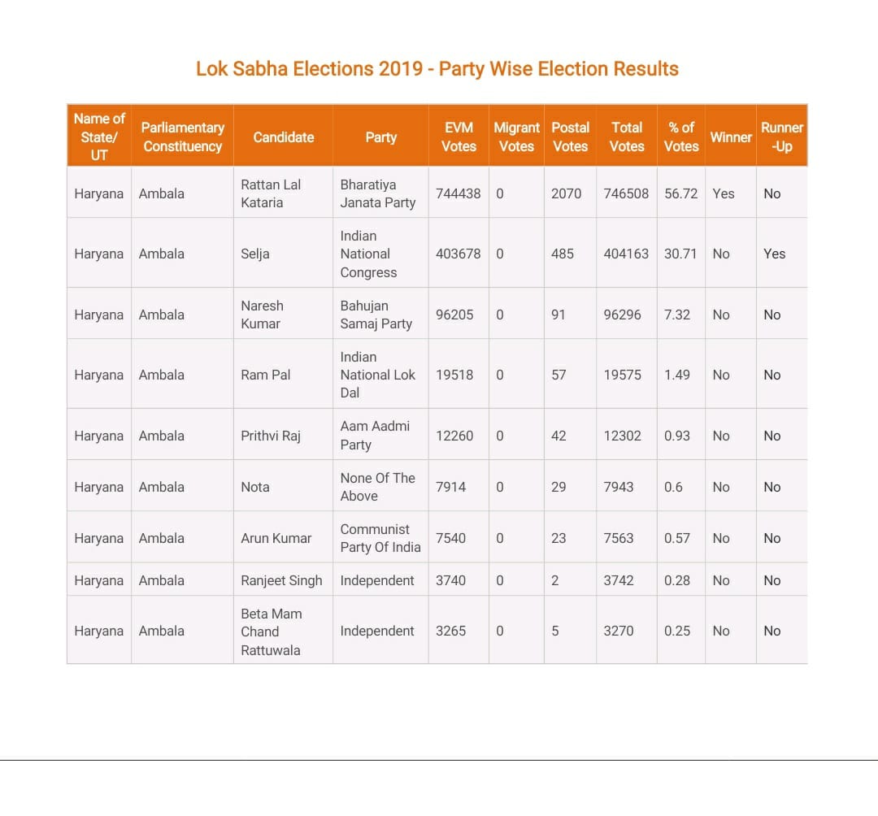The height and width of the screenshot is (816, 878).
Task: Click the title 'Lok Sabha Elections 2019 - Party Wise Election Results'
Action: pyautogui.click(x=437, y=68)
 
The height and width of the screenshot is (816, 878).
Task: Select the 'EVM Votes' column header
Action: pyautogui.click(x=459, y=137)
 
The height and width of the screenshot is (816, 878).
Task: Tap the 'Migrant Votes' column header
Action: pyautogui.click(x=516, y=137)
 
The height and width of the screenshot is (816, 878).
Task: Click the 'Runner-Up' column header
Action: pyautogui.click(x=781, y=137)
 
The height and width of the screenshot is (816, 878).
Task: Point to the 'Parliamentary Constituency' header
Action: pyautogui.click(x=182, y=137)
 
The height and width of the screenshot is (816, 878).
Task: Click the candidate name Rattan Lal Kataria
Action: pyautogui.click(x=271, y=193)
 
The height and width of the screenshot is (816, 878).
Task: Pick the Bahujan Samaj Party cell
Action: pyautogui.click(x=376, y=315)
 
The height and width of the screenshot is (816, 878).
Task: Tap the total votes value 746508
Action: pyautogui.click(x=626, y=193)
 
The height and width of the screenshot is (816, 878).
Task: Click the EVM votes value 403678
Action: pyautogui.click(x=458, y=254)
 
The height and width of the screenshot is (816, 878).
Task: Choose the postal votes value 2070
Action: pyautogui.click(x=566, y=193)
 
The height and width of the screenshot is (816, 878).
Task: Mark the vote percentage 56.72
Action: pyautogui.click(x=680, y=193)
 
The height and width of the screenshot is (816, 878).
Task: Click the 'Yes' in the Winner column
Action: pyautogui.click(x=723, y=193)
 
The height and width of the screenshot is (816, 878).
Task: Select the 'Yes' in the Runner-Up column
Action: pyautogui.click(x=774, y=254)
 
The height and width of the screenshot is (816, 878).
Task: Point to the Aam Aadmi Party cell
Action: pyautogui.click(x=375, y=436)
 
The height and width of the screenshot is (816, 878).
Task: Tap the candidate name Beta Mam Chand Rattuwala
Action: pyautogui.click(x=272, y=632)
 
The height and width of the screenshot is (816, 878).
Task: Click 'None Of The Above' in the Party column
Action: pyautogui.click(x=377, y=487)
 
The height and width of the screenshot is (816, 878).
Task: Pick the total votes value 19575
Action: pyautogui.click(x=622, y=375)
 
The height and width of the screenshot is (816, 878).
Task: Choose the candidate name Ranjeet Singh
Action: pyautogui.click(x=281, y=580)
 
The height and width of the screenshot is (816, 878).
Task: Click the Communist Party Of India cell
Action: pyautogui.click(x=380, y=538)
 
